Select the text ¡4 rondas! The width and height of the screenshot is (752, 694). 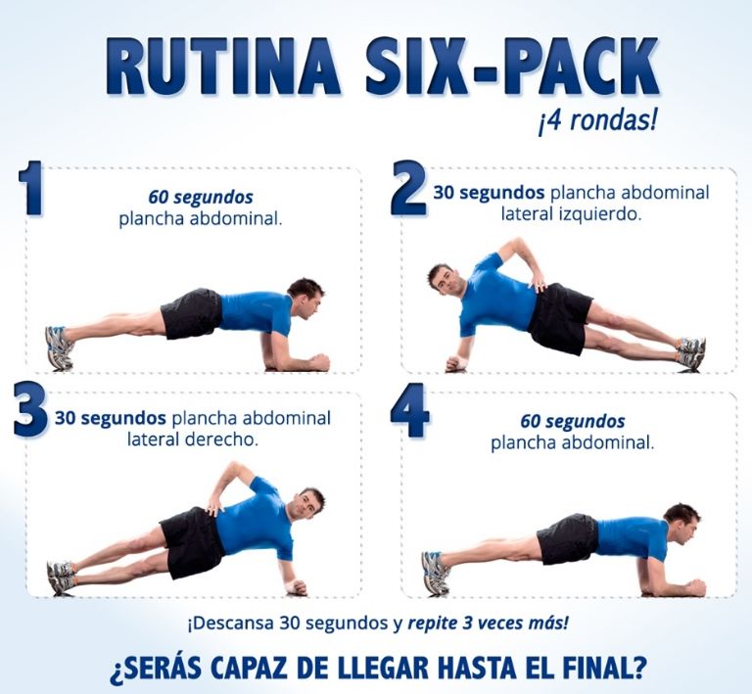click(595, 121)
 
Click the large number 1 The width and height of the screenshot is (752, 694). click(30, 187)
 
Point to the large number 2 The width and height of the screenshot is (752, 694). click(407, 187)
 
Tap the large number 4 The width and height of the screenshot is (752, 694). click(409, 410)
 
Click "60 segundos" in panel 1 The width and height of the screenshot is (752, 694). click(201, 198)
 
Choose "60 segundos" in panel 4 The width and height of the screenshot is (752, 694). click(573, 422)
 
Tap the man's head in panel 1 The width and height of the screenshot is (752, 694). click(305, 297)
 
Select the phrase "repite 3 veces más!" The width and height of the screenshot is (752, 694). click(489, 624)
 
